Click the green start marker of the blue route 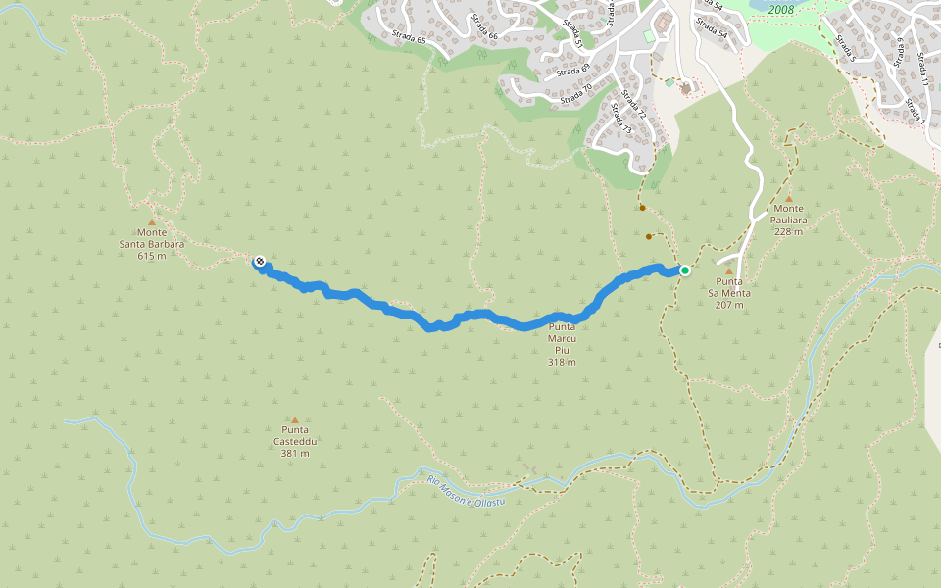(685, 270)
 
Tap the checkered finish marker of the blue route (259, 261)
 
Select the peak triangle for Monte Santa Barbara (152, 221)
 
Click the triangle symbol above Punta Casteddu (295, 419)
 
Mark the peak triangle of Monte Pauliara (788, 198)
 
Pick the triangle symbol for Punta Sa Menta (729, 270)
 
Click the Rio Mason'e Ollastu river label (466, 491)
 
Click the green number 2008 (781, 9)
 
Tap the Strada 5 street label (846, 50)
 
